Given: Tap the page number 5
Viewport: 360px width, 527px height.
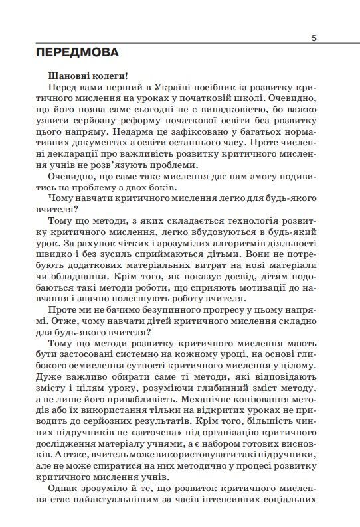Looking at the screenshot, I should (314, 38).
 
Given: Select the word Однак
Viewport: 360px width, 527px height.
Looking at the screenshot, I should (60, 499).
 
